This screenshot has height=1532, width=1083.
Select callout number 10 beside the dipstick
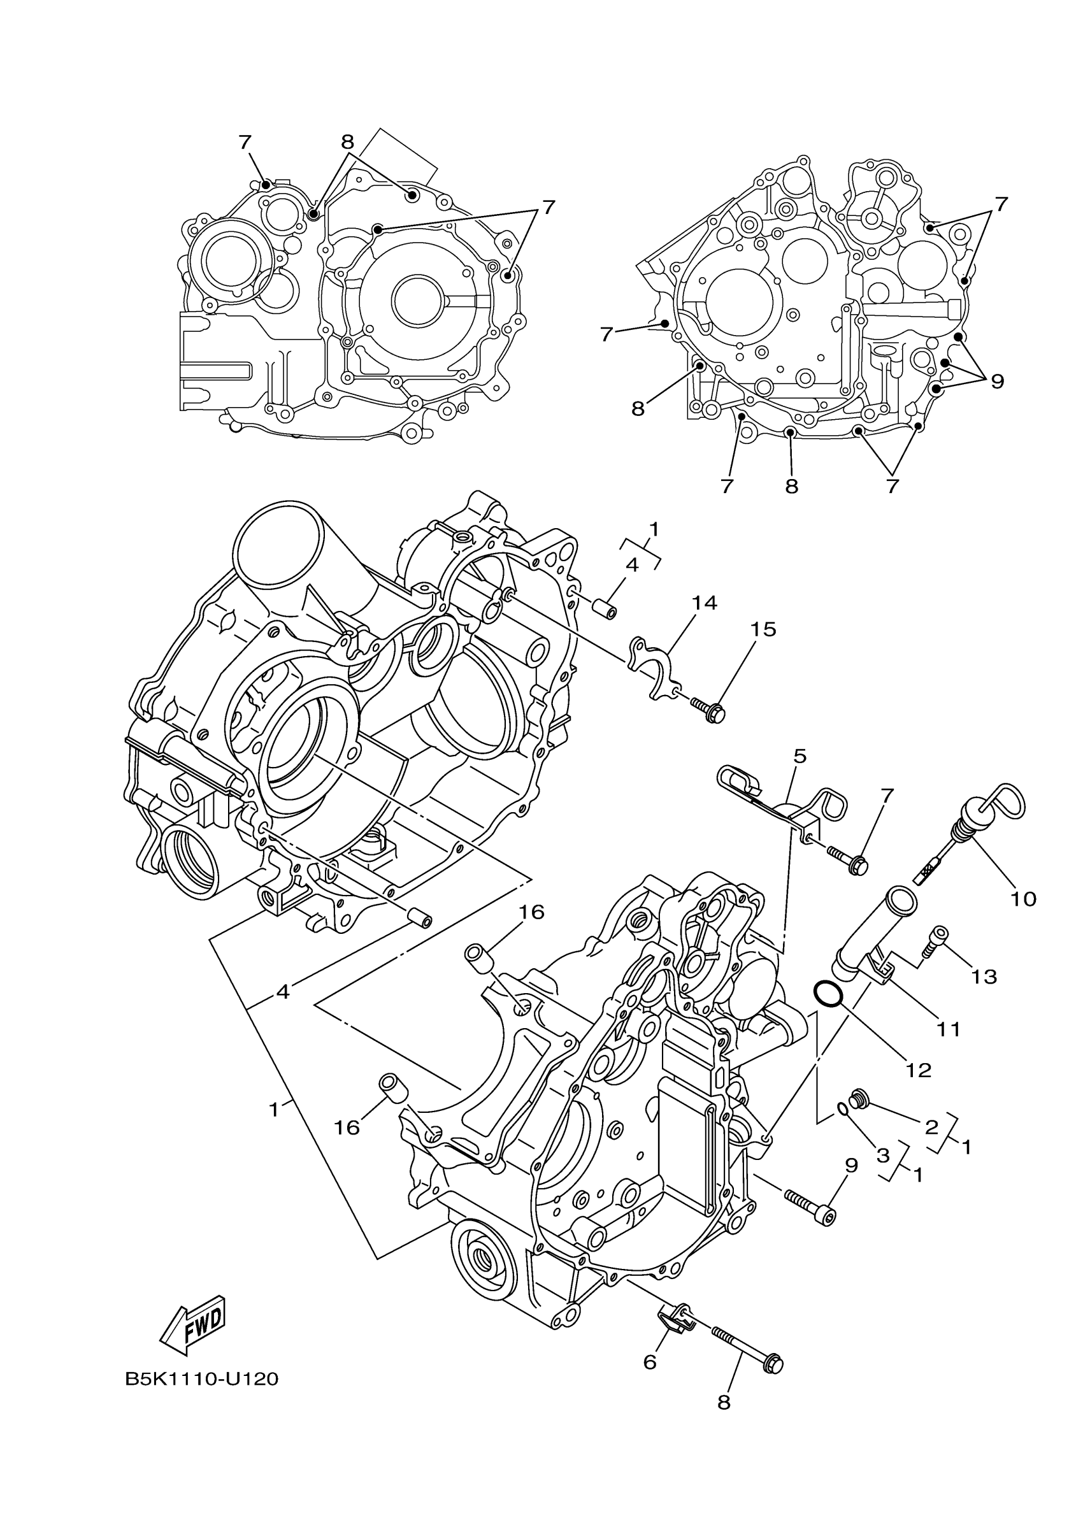(1023, 899)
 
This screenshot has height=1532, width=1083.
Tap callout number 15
(763, 629)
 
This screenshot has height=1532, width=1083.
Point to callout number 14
(704, 603)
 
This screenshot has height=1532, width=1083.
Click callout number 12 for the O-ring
(918, 1070)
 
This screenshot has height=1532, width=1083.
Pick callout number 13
(984, 977)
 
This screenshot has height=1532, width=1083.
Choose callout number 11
(948, 1029)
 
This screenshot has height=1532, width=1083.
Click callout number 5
(800, 756)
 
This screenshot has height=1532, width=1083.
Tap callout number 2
(931, 1127)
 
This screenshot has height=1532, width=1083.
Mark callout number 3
(882, 1155)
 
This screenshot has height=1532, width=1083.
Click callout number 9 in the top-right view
(997, 381)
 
